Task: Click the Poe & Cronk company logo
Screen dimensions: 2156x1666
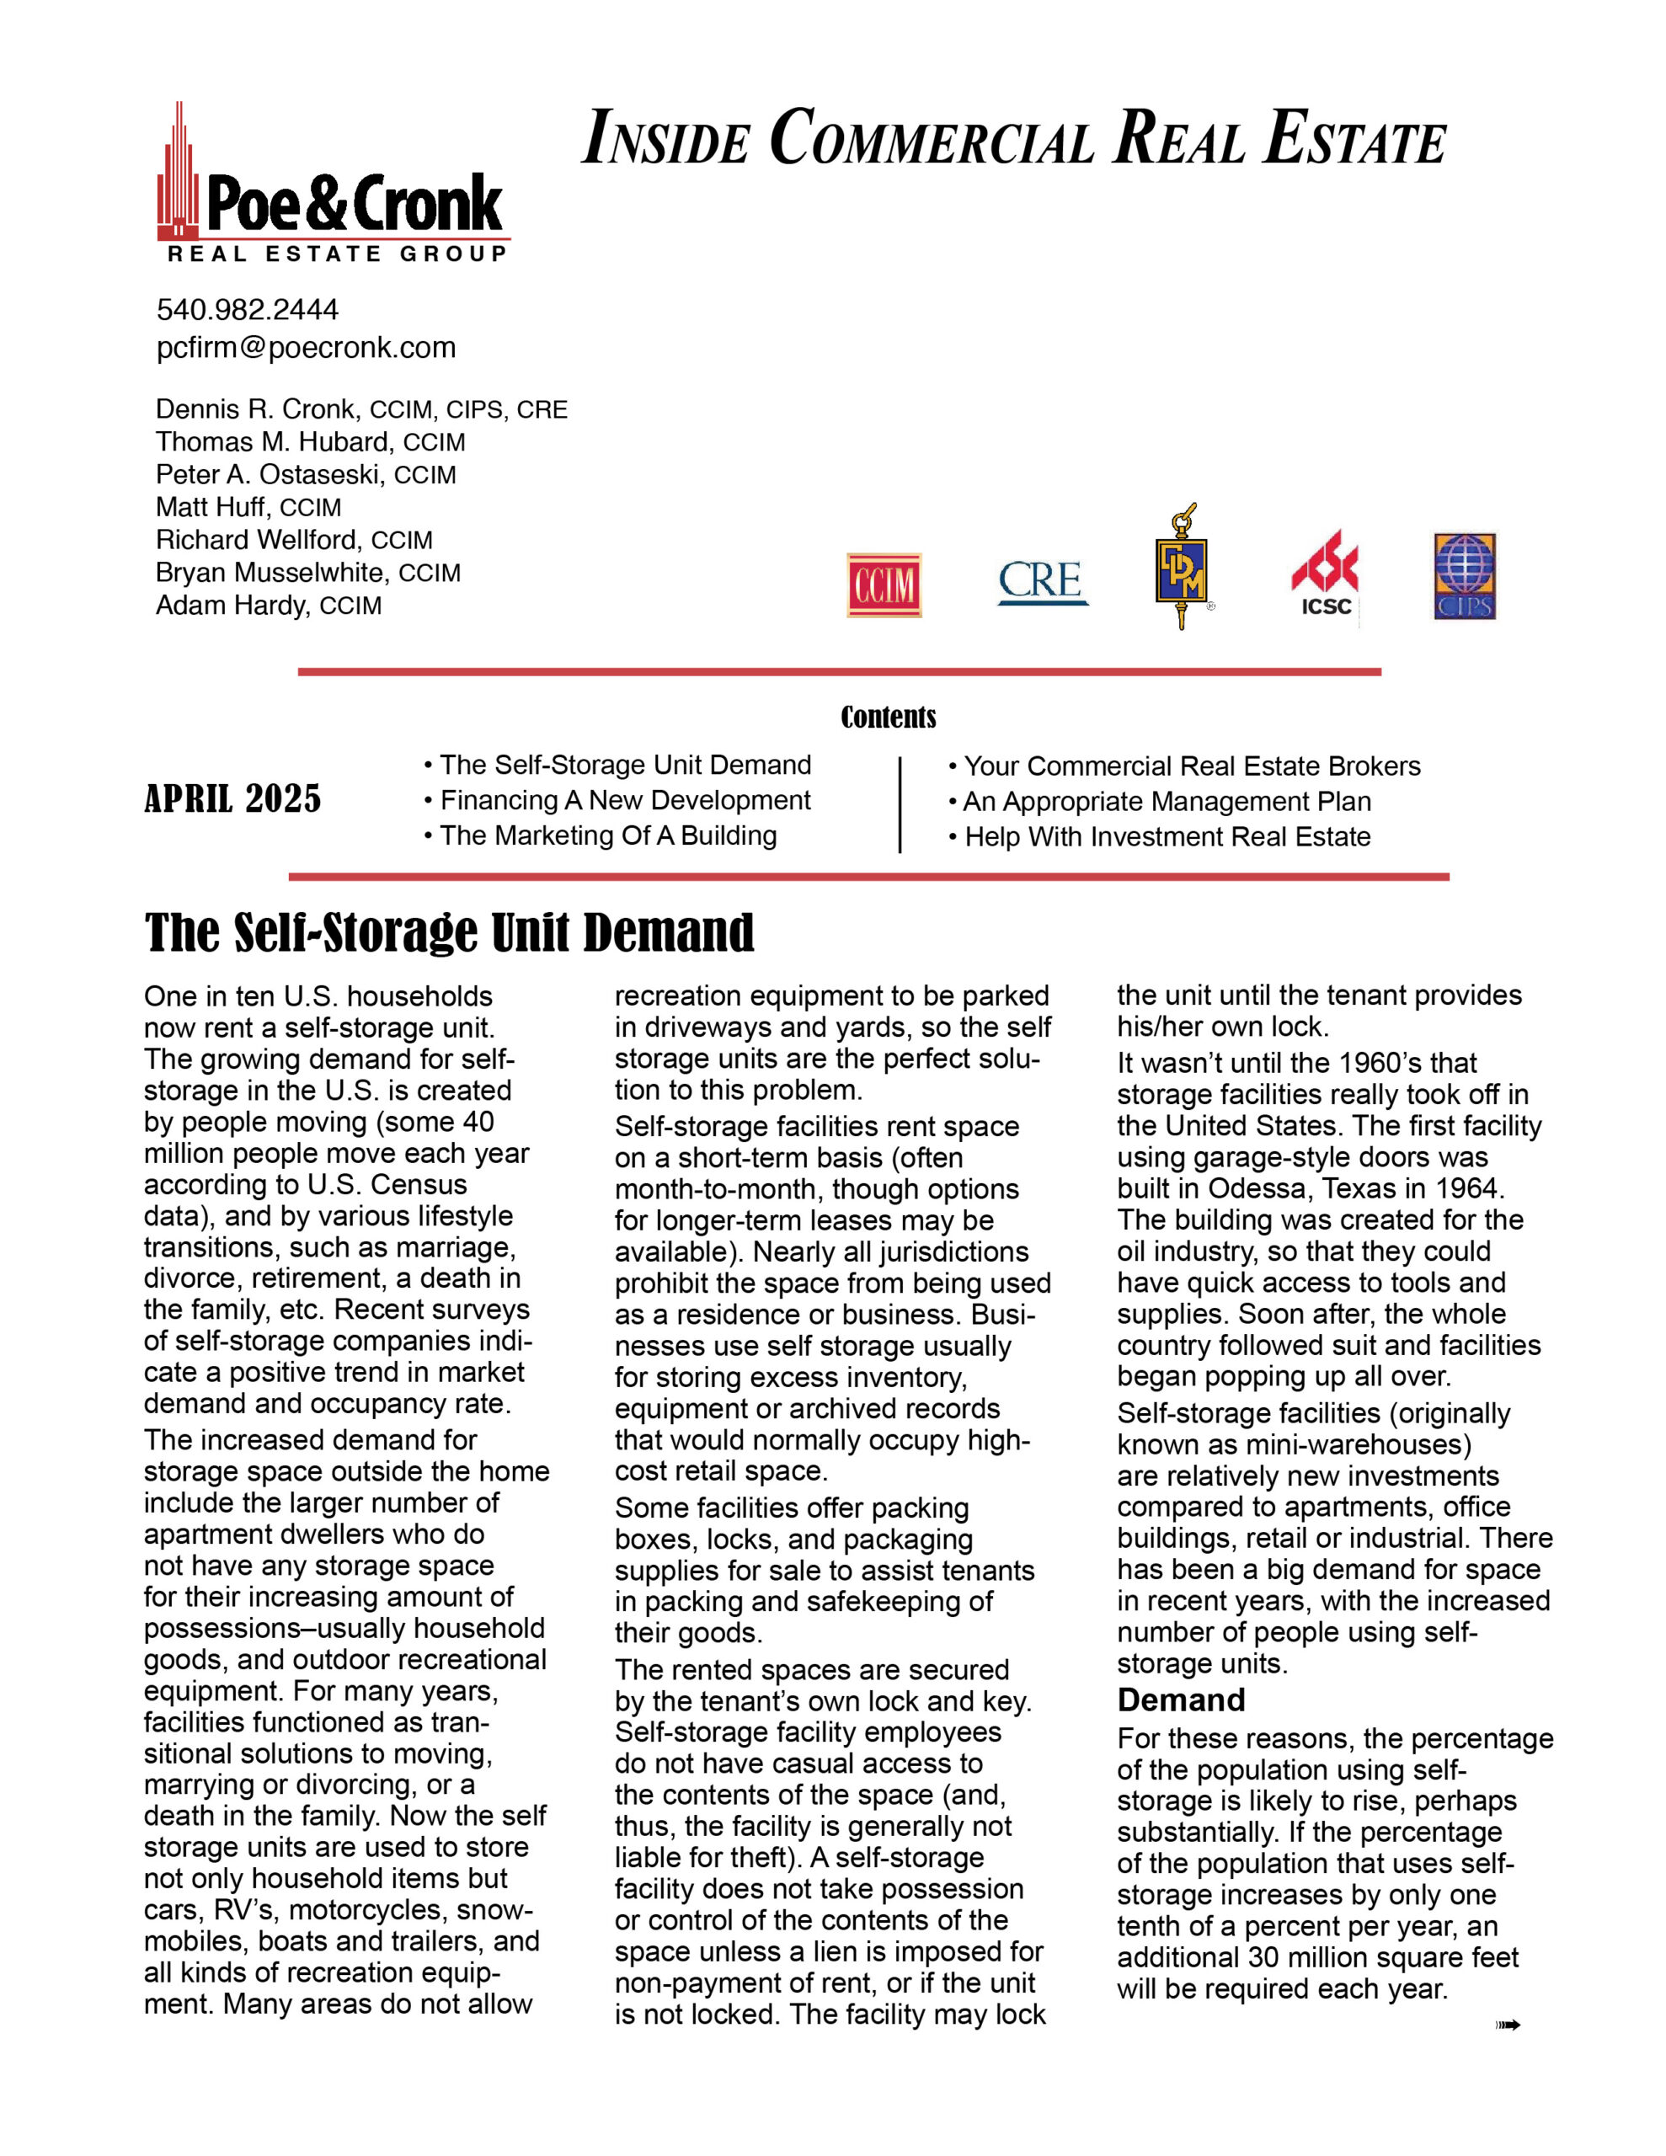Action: pyautogui.click(x=333, y=188)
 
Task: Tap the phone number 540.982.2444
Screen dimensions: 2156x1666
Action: pyautogui.click(x=247, y=310)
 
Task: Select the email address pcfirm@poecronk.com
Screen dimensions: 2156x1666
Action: pyautogui.click(x=306, y=348)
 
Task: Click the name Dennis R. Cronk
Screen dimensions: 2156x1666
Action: pyautogui.click(x=256, y=409)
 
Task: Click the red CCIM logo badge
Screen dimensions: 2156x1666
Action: pyautogui.click(x=884, y=585)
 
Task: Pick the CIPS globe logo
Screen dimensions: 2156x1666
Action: pyautogui.click(x=1465, y=578)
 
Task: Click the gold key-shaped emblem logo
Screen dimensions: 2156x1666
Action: pyautogui.click(x=1181, y=567)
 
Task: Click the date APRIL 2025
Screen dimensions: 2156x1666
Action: pyautogui.click(x=233, y=798)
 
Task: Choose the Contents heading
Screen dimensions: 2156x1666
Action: pyautogui.click(x=888, y=718)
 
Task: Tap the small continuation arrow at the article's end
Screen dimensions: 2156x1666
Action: pyautogui.click(x=1507, y=2025)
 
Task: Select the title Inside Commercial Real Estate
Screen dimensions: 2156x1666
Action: pyautogui.click(x=1014, y=138)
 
